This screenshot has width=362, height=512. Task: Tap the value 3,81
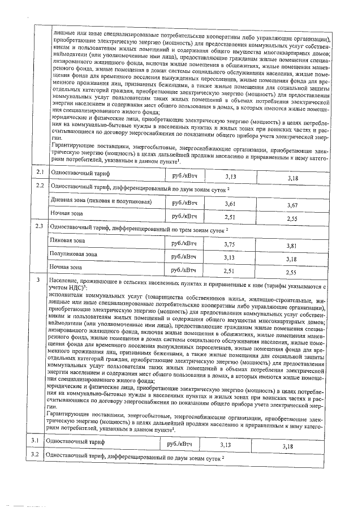coord(292,246)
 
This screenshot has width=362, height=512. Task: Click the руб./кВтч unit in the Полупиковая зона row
coord(184,256)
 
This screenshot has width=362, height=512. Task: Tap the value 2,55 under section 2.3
coord(292,272)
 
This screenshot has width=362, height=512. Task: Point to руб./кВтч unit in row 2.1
coord(184,175)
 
